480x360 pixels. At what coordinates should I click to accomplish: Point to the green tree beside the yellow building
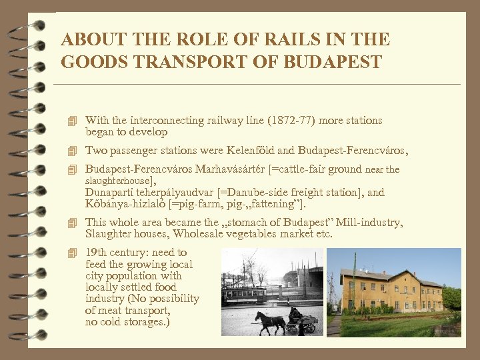click(451, 297)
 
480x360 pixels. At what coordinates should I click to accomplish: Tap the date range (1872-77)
click(291, 121)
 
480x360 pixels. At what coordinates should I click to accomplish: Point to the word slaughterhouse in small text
click(119, 181)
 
